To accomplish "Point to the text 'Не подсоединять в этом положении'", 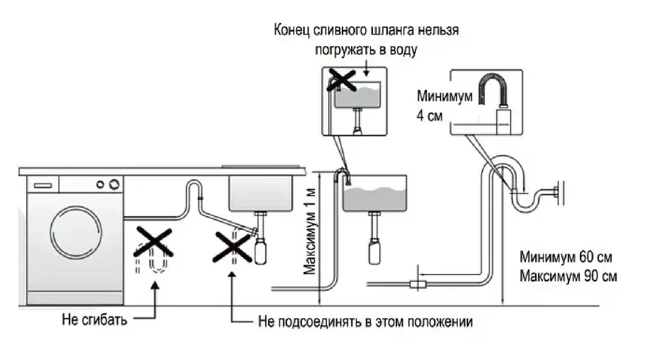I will (x=365, y=322).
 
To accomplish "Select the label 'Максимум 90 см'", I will (x=569, y=276).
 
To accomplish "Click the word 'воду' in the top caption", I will (x=401, y=49).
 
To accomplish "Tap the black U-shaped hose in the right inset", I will (x=493, y=91).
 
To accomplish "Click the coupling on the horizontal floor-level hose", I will (x=416, y=284).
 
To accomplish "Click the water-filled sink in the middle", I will (x=375, y=195).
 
